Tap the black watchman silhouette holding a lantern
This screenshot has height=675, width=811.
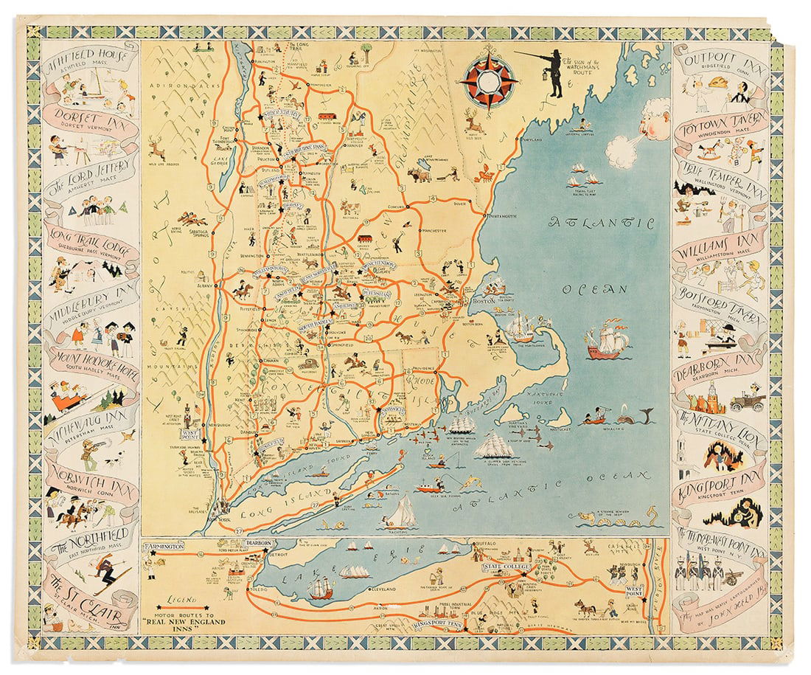(x=553, y=72)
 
